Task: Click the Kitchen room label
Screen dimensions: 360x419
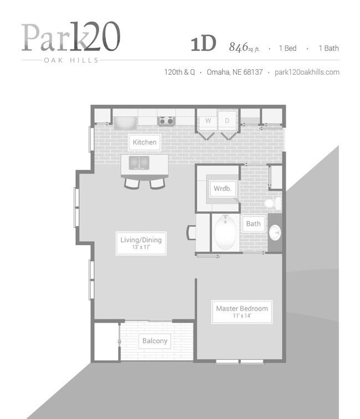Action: (145, 142)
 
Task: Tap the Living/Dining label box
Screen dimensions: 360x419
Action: (141, 243)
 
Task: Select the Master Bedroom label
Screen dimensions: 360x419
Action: (242, 312)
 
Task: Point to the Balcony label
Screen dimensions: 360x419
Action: (155, 341)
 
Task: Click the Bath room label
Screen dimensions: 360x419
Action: (253, 224)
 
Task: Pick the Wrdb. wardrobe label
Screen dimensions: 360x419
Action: (223, 188)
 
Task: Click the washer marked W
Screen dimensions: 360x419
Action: (208, 120)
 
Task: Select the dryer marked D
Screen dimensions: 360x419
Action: (227, 120)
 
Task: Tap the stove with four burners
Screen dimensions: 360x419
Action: (166, 121)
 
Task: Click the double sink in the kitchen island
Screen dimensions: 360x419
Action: (139, 163)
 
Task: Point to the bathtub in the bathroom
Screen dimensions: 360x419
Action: (225, 232)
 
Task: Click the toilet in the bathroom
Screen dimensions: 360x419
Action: (274, 203)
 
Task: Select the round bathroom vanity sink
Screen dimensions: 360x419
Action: (275, 232)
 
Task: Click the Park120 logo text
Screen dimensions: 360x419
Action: (71, 37)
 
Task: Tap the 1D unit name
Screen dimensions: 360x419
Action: (203, 44)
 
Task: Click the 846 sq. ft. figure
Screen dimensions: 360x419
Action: (244, 47)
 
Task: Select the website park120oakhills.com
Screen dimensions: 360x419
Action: (307, 72)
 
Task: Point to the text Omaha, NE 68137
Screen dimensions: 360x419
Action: (235, 72)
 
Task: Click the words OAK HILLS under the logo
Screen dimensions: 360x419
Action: (71, 60)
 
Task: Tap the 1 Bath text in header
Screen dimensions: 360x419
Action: (328, 48)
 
